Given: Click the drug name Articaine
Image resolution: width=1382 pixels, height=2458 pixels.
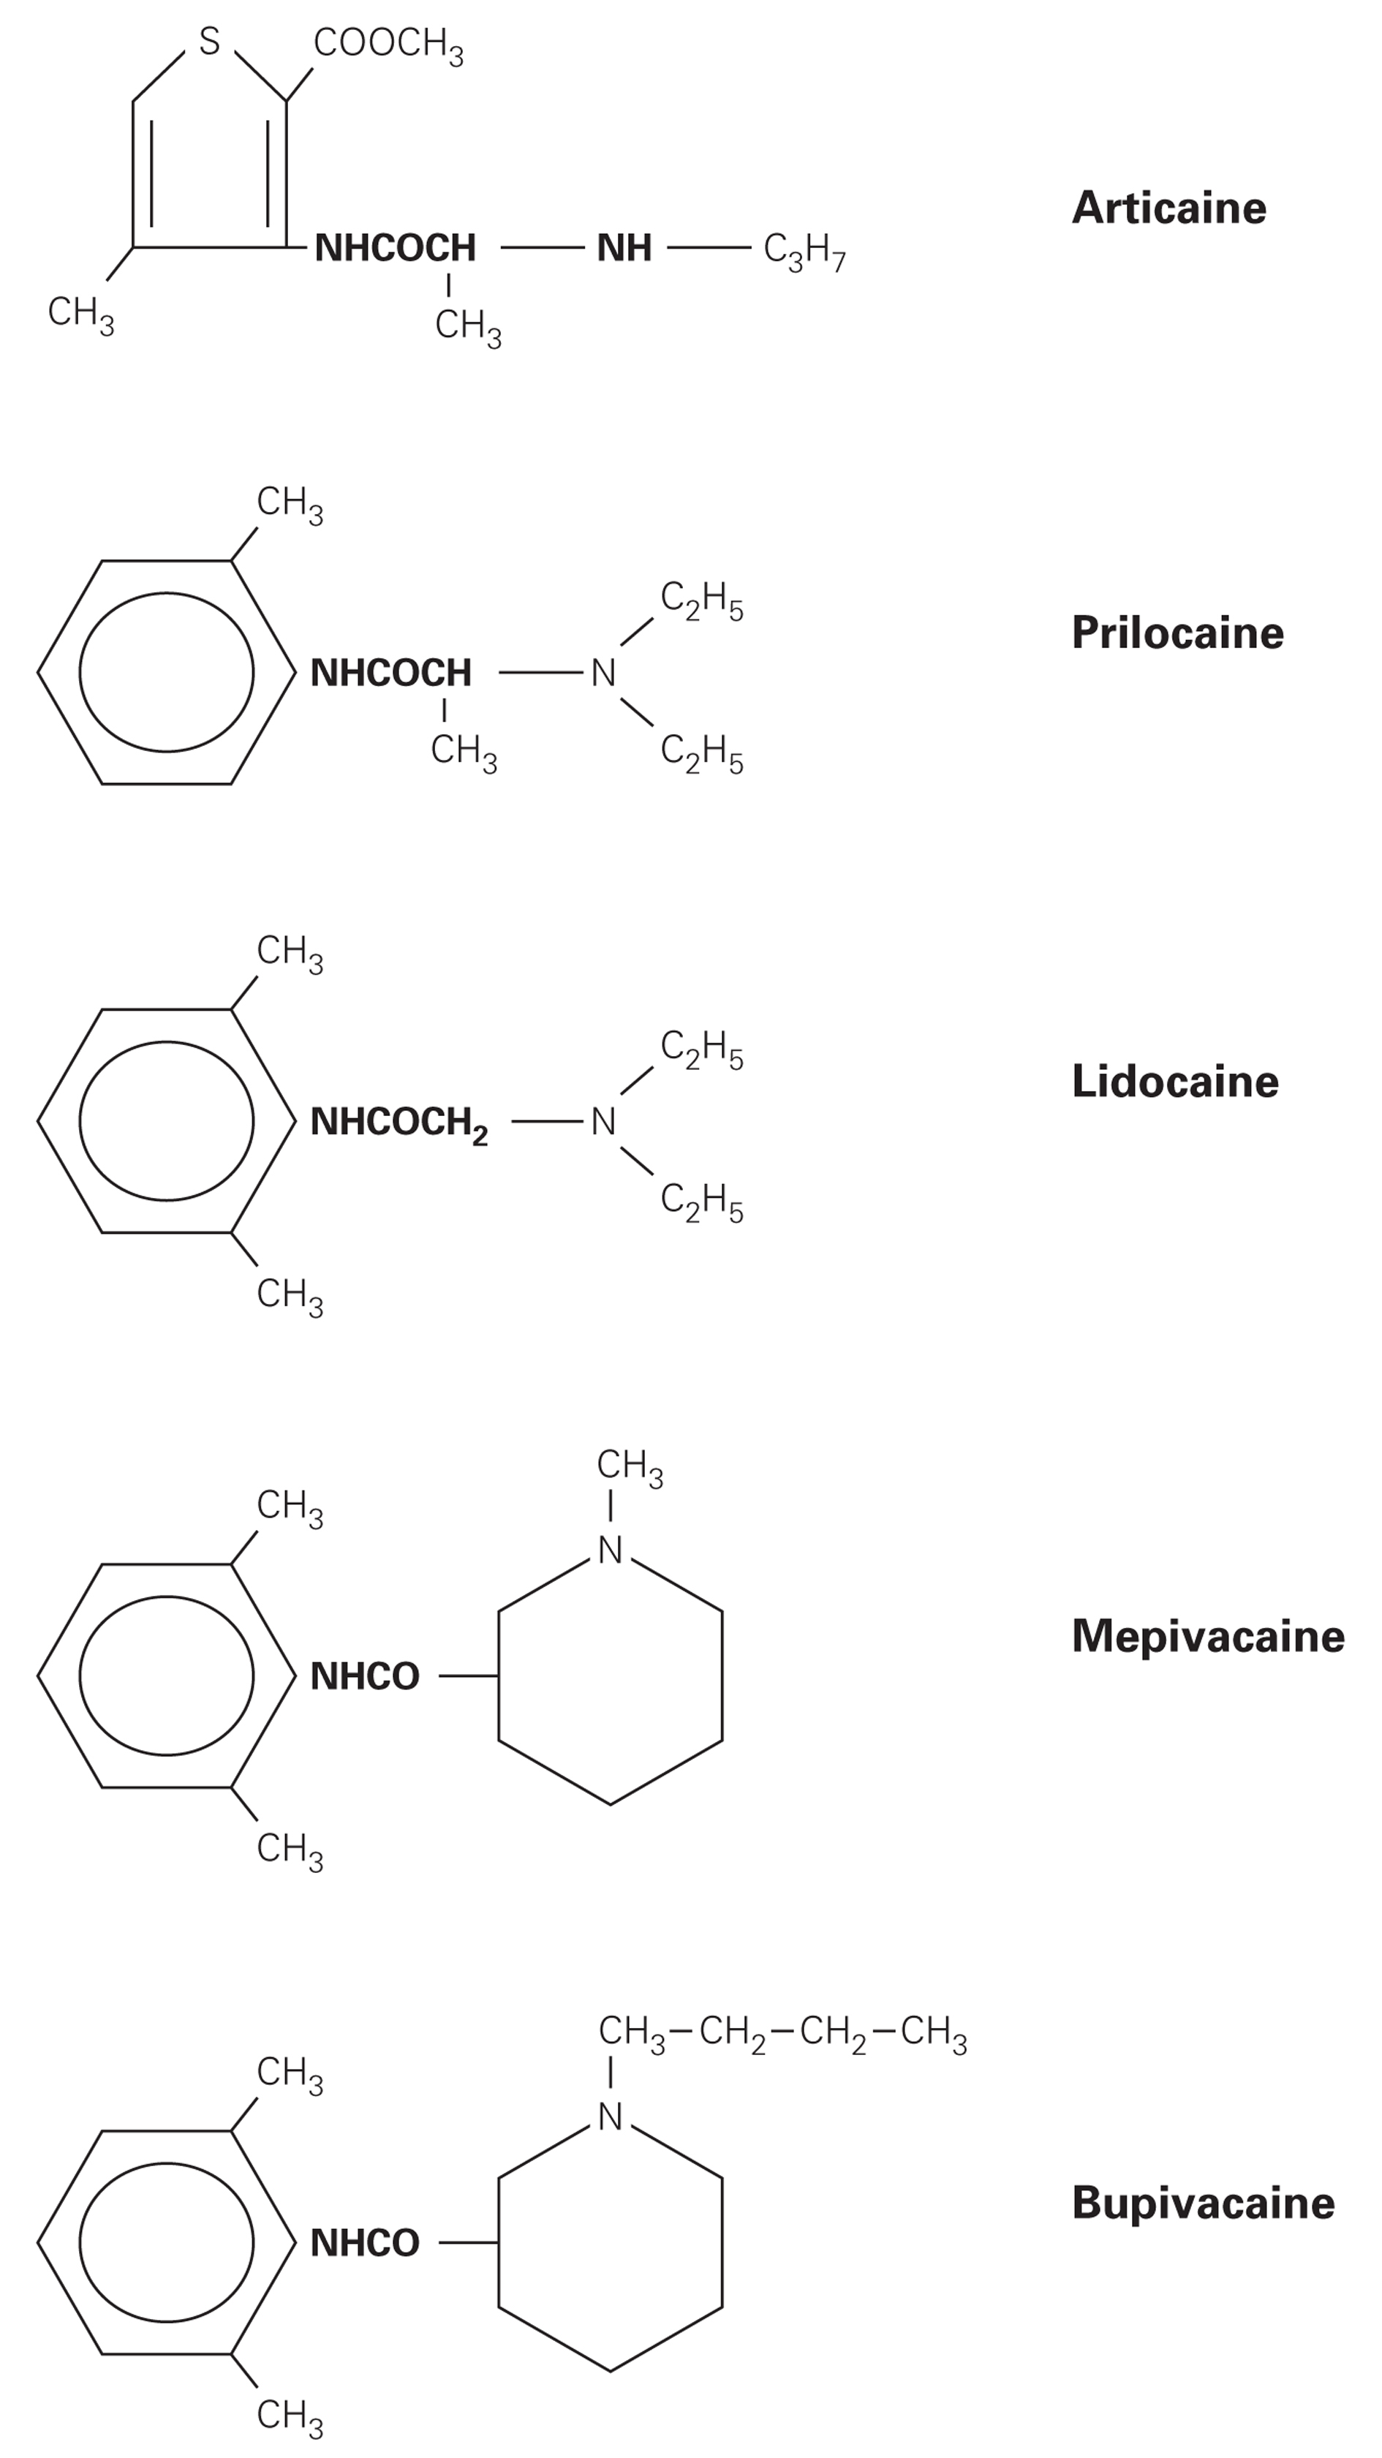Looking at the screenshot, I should click(1168, 208).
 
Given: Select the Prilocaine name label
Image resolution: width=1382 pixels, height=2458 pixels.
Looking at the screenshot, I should click(1177, 633).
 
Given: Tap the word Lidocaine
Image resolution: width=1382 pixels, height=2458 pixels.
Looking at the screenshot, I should click(1174, 1081).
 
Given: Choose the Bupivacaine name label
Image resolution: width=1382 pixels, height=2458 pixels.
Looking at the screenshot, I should click(1203, 2202).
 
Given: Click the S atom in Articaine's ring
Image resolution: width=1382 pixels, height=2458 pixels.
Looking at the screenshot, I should click(210, 41).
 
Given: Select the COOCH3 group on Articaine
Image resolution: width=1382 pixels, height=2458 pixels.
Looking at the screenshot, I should click(388, 44).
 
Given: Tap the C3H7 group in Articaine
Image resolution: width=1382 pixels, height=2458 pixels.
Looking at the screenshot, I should click(804, 251).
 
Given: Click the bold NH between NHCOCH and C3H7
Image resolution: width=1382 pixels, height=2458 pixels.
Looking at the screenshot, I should click(624, 248).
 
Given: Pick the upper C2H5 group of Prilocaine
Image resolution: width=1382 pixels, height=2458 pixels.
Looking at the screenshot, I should click(701, 601).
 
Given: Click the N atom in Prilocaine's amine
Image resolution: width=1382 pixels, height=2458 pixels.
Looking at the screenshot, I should click(603, 674).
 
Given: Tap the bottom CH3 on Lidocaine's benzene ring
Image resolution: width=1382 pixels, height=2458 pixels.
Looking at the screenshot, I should click(289, 1295).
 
